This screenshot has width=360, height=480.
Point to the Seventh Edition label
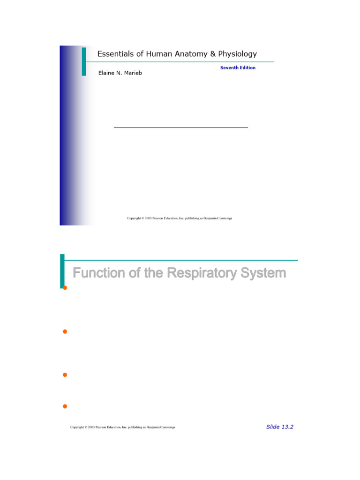[238, 67]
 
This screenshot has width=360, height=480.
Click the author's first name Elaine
[106, 73]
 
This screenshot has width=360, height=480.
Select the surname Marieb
[132, 73]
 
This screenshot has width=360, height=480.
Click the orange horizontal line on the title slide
[180, 127]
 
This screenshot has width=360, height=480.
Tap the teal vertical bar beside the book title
[84, 61]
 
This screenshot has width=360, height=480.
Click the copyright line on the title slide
[180, 218]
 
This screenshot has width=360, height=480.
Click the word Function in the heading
[99, 273]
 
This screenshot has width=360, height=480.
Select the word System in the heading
[263, 273]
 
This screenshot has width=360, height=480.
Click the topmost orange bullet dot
[65, 287]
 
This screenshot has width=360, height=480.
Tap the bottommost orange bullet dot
[65, 406]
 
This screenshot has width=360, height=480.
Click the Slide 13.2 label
[279, 427]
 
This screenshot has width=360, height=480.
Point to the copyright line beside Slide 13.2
[122, 427]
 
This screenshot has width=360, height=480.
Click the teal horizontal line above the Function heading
[180, 260]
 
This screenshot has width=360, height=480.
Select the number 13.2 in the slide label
[287, 427]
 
